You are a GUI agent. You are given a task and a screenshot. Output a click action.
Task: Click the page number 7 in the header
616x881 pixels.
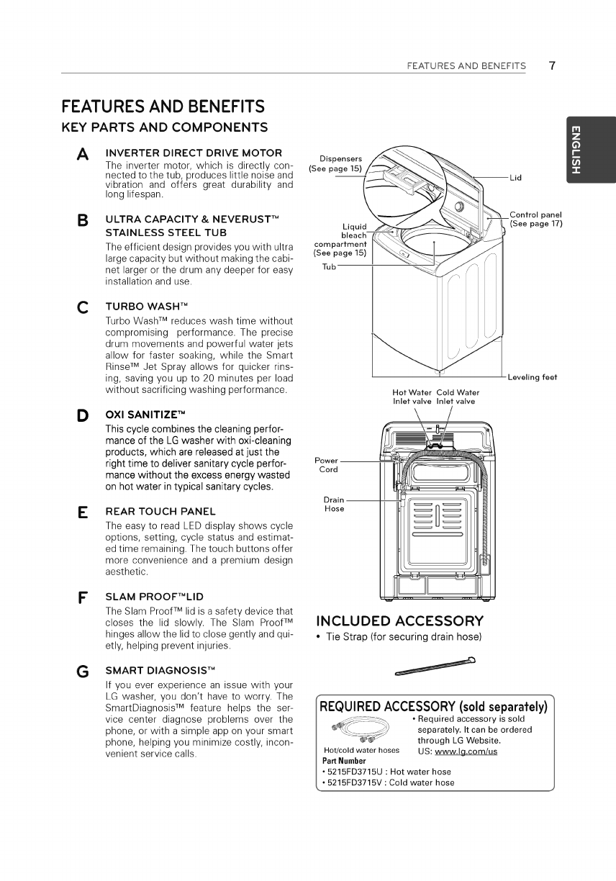[x=551, y=65]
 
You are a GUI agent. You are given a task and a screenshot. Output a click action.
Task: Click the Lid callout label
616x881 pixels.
[x=515, y=177]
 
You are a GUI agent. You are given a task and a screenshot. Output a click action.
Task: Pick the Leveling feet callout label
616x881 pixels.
[x=533, y=377]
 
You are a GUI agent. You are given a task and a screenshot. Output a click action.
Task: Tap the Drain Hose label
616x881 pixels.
[x=334, y=504]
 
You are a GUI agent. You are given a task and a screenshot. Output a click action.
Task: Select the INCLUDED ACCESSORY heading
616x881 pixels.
[x=400, y=621]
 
